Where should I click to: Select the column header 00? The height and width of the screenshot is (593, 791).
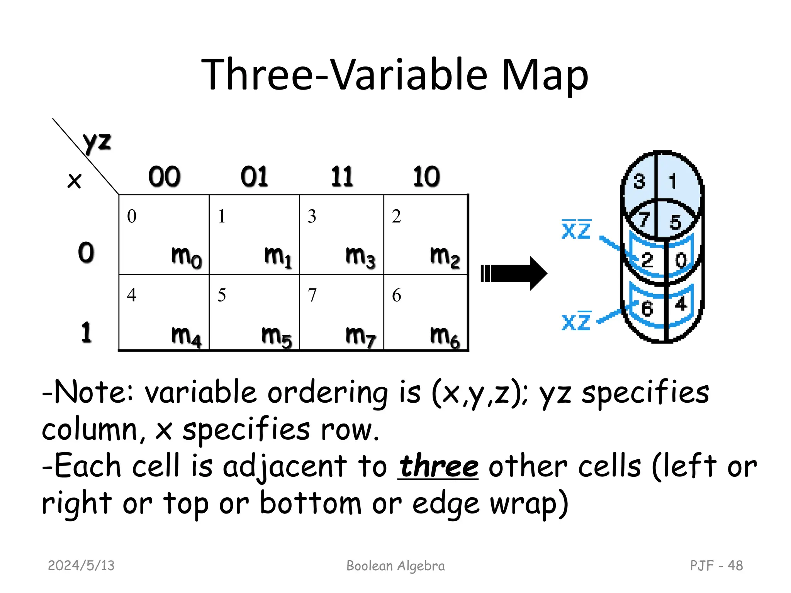tap(164, 177)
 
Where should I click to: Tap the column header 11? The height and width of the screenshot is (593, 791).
tap(342, 177)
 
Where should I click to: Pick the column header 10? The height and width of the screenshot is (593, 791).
tap(426, 177)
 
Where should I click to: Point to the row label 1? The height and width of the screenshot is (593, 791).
tap(86, 332)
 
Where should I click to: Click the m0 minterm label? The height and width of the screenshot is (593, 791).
tap(186, 256)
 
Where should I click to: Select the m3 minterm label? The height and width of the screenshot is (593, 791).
tap(360, 256)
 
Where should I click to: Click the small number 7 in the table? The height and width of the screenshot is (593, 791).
tap(312, 295)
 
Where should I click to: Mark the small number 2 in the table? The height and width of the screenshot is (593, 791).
tap(396, 216)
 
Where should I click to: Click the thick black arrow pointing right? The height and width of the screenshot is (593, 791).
tap(514, 273)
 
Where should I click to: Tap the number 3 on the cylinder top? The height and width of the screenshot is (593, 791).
tap(639, 181)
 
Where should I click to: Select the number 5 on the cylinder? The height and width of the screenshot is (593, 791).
tap(675, 222)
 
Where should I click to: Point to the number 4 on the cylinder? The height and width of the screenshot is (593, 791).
tap(681, 303)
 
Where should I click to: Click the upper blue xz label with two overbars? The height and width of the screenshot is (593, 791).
tap(576, 230)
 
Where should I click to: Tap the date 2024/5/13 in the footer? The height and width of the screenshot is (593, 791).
tap(81, 566)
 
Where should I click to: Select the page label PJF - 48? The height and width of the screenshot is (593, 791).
tap(716, 566)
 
